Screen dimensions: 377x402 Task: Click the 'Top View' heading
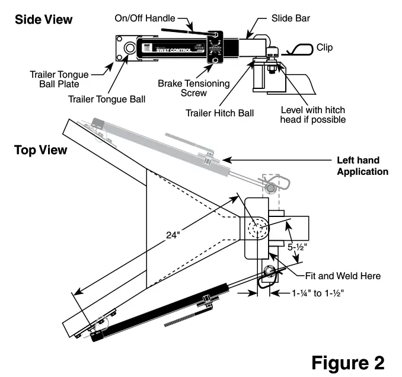point(40,150)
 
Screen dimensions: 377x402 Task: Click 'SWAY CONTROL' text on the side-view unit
point(178,51)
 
